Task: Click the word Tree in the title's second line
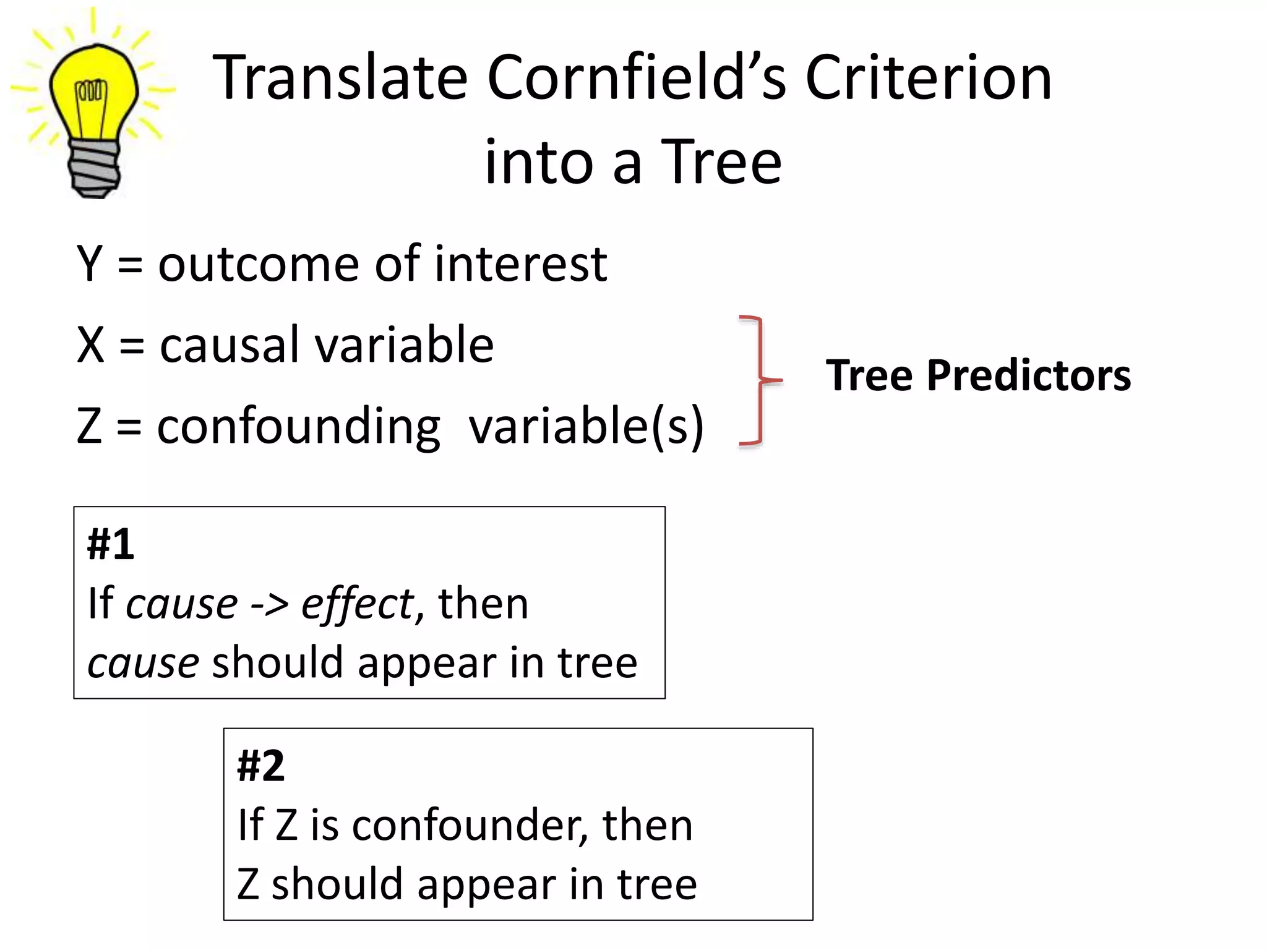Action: pos(721,162)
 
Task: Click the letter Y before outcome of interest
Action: pos(90,264)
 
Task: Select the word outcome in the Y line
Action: pos(259,265)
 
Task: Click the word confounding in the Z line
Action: pos(298,427)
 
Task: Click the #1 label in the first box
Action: pos(111,544)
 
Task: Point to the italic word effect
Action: pos(358,604)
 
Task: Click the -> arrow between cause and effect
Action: pos(270,605)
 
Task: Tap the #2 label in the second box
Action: pos(260,766)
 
